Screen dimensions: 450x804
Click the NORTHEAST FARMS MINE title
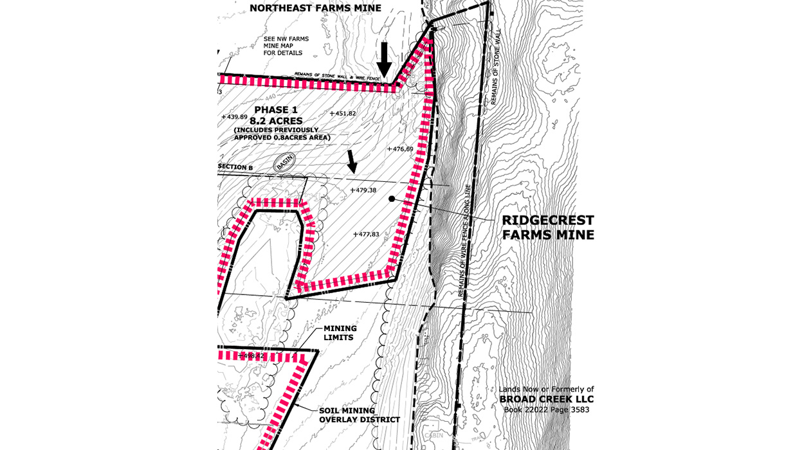[315, 8]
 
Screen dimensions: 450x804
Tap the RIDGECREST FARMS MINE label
[548, 228]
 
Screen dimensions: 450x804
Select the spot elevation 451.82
[343, 114]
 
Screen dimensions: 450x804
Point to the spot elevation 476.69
[400, 149]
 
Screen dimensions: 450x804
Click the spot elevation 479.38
[363, 190]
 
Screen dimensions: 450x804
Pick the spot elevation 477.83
[367, 235]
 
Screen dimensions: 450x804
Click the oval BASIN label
[284, 163]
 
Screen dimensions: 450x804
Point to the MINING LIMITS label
[340, 333]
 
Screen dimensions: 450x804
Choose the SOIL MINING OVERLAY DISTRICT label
[360, 415]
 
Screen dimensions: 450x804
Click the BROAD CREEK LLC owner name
[547, 399]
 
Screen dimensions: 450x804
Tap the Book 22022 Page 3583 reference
[547, 410]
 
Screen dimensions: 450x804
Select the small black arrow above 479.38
[351, 161]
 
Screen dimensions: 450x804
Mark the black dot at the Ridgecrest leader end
[391, 199]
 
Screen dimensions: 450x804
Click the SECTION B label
[235, 167]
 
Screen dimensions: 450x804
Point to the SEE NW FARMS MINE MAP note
[286, 46]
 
